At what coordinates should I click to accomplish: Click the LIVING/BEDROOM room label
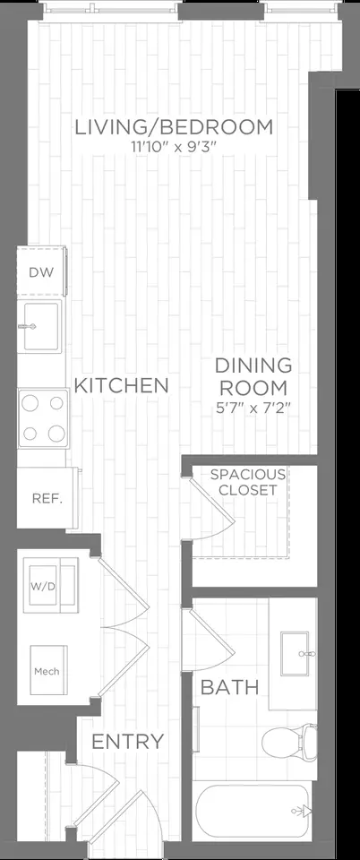[x=173, y=127]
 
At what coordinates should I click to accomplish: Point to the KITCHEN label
[x=121, y=386]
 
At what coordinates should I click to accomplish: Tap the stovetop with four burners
[x=44, y=417]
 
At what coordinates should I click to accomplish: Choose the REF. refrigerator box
[x=45, y=498]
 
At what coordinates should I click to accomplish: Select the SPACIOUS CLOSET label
[x=248, y=482]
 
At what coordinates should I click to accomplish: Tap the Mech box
[x=46, y=670]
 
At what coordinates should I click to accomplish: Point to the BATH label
[x=229, y=688]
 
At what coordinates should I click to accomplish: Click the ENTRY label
[x=128, y=742]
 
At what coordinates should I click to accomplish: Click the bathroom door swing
[x=203, y=641]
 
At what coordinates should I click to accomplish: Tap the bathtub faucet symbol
[x=300, y=812]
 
